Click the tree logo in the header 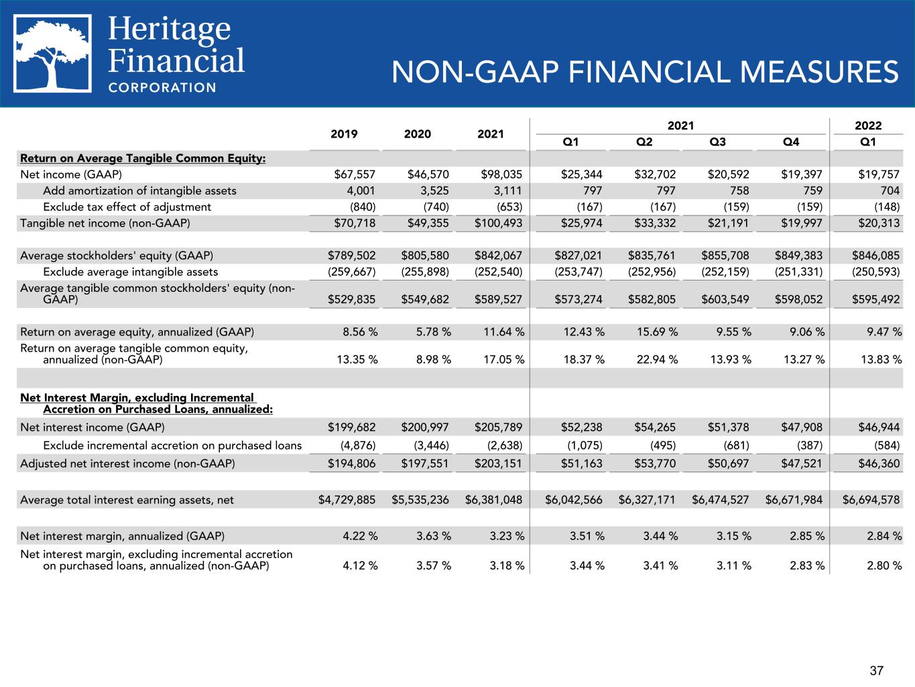tap(52, 54)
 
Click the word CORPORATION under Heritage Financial tap(162, 88)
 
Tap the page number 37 tap(877, 671)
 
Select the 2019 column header tap(344, 134)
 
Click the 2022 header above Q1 tap(868, 125)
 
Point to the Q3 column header tap(717, 142)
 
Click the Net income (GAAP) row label tap(71, 174)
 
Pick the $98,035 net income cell tap(501, 174)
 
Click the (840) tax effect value tap(363, 207)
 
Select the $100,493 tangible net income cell tap(499, 223)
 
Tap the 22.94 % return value tap(658, 359)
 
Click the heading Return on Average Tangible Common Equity tap(143, 158)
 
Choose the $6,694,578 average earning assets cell tap(871, 500)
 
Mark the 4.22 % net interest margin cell tap(360, 536)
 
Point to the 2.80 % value tap(884, 566)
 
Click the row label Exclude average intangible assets tap(131, 272)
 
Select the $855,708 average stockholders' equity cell tap(725, 256)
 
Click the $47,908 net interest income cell tap(802, 427)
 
